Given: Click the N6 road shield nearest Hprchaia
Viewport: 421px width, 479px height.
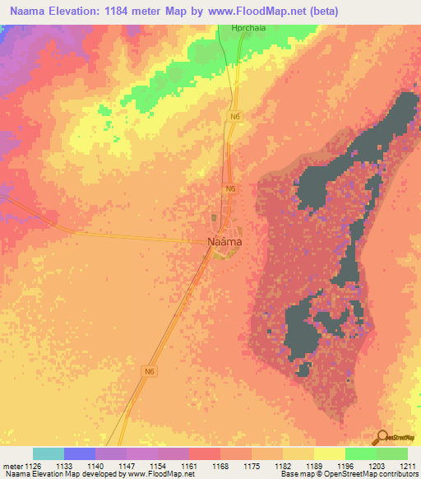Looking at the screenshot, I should tap(235, 117).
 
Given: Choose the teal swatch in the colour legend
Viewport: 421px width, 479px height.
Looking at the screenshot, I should tap(49, 453).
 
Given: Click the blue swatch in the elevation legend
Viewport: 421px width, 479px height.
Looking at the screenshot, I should tap(80, 453).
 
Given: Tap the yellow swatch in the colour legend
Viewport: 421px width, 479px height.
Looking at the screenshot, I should tap(330, 453).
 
